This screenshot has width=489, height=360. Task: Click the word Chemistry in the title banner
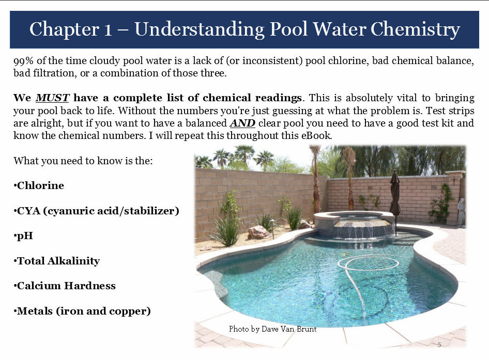pyautogui.click(x=415, y=29)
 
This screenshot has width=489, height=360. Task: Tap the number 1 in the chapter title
pyautogui.click(x=108, y=30)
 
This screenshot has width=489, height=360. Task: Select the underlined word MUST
pyautogui.click(x=52, y=98)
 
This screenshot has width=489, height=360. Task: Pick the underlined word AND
pyautogui.click(x=242, y=123)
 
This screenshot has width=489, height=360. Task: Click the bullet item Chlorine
pyautogui.click(x=39, y=185)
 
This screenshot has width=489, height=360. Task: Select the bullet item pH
pyautogui.click(x=23, y=236)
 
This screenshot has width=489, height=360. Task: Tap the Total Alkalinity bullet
pyautogui.click(x=56, y=260)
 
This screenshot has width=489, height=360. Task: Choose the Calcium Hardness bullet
pyautogui.click(x=65, y=286)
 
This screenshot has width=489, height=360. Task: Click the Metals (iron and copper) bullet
pyautogui.click(x=82, y=311)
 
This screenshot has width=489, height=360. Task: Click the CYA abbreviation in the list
pyautogui.click(x=29, y=211)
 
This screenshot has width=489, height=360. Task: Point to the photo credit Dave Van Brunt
pyautogui.click(x=289, y=329)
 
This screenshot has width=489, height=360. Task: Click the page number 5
pyautogui.click(x=439, y=345)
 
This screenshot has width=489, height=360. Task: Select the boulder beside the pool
pyautogui.click(x=258, y=232)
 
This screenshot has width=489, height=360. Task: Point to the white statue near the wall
pyautogui.click(x=461, y=212)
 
